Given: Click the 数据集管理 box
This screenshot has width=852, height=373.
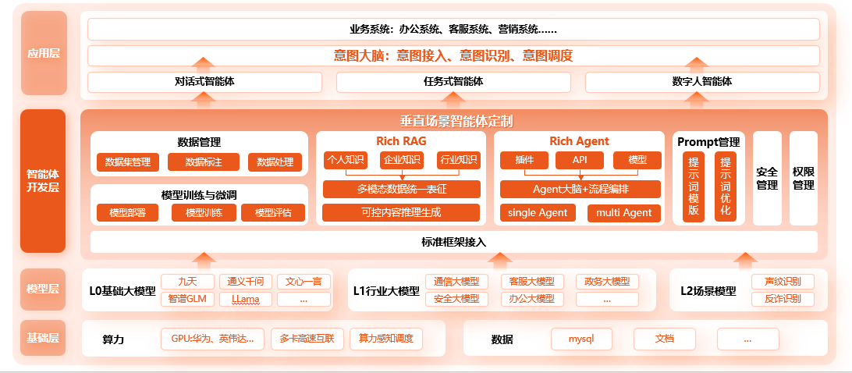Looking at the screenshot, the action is pos(128,162).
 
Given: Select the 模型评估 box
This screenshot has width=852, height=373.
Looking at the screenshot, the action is pos(273,212).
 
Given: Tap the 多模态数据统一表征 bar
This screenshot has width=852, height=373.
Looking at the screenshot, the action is pos(402,189).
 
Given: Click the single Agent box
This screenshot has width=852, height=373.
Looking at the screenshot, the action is pos(538,212).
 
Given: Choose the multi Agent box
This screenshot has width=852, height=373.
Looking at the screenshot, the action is pos(624,212).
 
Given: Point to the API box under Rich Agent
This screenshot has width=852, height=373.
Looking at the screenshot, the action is pos(580,161).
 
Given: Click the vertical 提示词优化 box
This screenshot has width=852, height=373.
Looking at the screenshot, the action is pos(726,186).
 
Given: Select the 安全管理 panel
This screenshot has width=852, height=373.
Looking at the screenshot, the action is pos(767,179).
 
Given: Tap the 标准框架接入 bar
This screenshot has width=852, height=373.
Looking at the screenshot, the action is pos(454,242).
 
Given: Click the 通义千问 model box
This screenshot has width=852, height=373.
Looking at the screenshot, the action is pos(246,281).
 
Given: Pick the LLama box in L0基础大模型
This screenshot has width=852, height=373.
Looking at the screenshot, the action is pos(246,299).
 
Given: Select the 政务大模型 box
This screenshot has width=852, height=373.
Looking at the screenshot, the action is pos(607,281).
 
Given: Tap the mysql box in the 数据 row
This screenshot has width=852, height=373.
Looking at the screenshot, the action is pos(581,339).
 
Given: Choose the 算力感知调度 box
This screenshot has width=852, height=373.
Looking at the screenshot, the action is pos(385,339).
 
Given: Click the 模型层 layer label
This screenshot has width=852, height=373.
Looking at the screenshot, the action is pos(43,290).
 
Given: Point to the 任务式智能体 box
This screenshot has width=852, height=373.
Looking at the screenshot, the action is pos(453,82).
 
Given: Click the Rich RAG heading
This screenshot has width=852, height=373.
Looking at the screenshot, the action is pos(401,141).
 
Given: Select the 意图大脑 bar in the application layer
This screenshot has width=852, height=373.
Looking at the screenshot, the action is pos(453,55).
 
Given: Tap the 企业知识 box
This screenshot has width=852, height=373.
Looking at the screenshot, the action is pos(401,160).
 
